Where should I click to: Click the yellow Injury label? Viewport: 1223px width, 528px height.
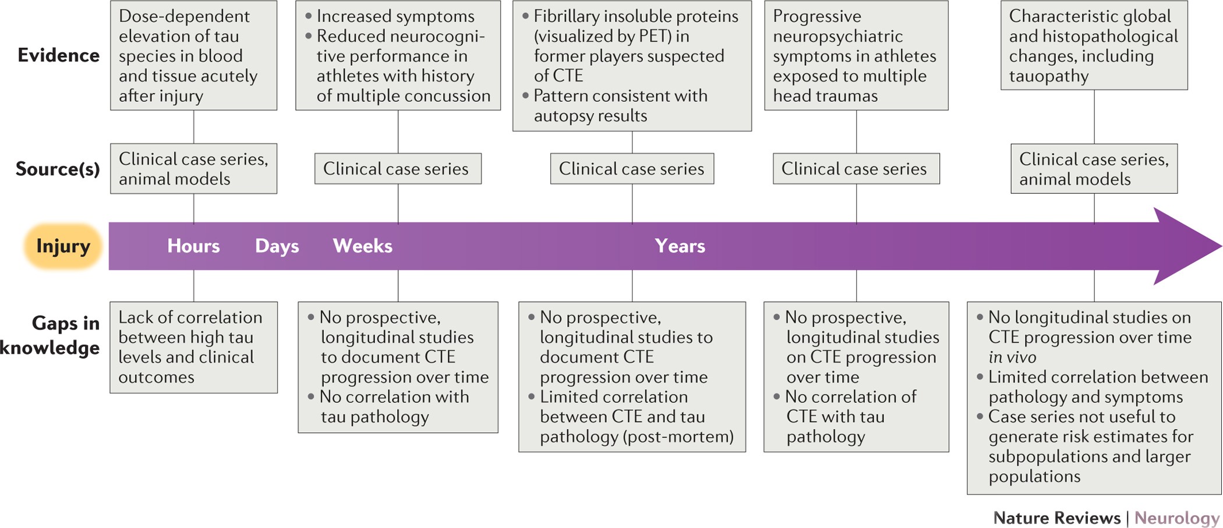click(63, 246)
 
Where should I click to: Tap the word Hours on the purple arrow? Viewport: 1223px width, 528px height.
click(193, 246)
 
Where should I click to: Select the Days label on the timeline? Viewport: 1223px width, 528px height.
click(277, 247)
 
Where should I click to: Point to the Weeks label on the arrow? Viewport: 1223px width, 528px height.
click(362, 246)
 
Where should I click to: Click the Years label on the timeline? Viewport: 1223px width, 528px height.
click(680, 246)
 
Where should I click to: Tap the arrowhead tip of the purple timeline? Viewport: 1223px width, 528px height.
click(1221, 246)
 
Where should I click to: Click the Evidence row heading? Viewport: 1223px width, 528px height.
click(58, 55)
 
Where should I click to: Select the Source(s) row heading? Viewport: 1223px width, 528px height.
click(58, 169)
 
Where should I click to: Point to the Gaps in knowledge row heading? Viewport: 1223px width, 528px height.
click(50, 335)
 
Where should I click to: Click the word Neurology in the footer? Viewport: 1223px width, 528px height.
click(1177, 518)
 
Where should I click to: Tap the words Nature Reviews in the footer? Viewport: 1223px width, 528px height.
click(1056, 518)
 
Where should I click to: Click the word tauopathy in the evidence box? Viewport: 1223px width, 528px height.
click(1049, 76)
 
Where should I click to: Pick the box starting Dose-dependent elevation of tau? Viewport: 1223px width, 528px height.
click(194, 55)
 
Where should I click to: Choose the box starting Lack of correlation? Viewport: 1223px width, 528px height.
click(194, 348)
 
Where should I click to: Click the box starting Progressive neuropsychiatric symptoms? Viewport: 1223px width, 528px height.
click(856, 55)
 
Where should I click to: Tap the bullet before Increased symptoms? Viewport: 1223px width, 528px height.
click(309, 16)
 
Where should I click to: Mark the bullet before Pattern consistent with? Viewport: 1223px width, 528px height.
click(525, 95)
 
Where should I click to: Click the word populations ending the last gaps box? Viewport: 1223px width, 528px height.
click(1034, 477)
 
